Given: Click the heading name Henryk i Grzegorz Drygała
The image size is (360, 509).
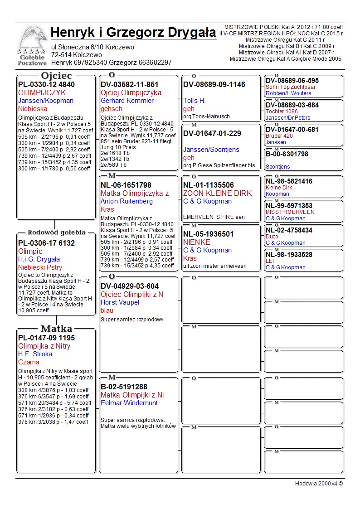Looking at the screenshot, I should click(133, 33).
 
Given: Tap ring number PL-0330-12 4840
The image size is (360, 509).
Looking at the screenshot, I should click(46, 84).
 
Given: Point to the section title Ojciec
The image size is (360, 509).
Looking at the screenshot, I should click(57, 75).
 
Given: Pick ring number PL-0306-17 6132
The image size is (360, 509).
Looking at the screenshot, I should click(46, 243).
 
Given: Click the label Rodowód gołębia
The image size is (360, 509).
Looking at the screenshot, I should click(57, 233).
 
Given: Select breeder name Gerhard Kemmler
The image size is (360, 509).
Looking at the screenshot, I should click(127, 101).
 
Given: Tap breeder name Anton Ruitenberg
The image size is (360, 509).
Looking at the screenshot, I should click(126, 201).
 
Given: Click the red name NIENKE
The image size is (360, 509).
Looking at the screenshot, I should click(196, 242).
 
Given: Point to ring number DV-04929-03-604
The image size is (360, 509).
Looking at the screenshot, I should click(130, 286).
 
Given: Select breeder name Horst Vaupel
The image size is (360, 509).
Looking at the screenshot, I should click(121, 302).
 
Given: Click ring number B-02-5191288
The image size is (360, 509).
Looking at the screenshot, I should click(124, 387).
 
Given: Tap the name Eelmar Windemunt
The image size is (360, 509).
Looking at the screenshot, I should click(129, 403).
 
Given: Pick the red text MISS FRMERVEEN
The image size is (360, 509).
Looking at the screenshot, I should click(290, 212).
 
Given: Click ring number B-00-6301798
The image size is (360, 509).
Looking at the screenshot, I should click(287, 154).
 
